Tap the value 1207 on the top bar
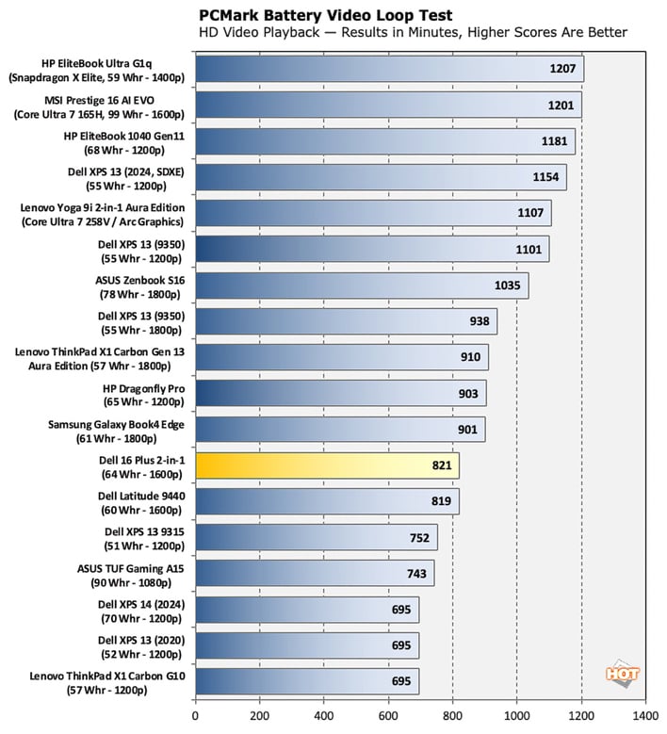pos(562,69)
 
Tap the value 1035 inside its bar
pos(508,285)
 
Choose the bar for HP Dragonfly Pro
pos(340,394)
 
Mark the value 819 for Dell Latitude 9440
pos(440,501)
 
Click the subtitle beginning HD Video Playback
pos(413,34)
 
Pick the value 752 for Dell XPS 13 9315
pos(418,537)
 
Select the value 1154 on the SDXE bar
pos(545,177)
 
